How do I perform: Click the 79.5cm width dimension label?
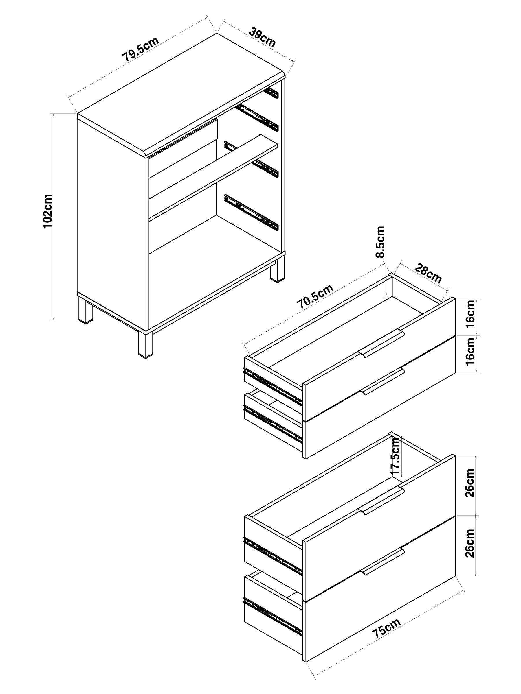[140, 49]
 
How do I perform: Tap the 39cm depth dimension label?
[262, 37]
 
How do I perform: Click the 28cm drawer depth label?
[428, 273]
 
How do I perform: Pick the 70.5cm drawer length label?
[315, 296]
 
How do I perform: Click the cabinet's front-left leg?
[85, 310]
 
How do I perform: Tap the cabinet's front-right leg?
[145, 344]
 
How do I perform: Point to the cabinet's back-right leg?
[278, 269]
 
